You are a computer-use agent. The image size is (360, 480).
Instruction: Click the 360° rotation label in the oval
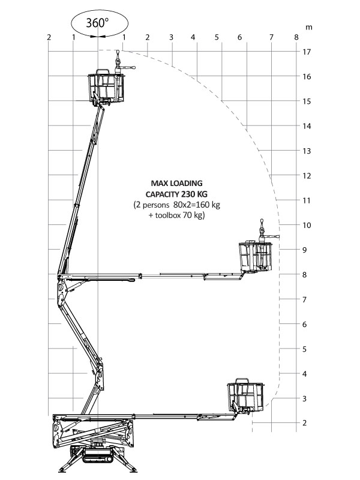98,23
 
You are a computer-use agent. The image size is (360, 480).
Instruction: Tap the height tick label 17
307,52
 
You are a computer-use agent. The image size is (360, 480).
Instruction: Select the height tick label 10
307,226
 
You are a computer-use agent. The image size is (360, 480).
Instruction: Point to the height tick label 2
305,423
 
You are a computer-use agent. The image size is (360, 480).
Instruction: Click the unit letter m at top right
308,27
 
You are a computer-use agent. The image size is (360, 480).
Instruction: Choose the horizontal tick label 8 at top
296,37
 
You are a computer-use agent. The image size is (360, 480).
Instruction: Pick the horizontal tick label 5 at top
217,37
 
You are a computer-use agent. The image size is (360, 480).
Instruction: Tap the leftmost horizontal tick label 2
49,37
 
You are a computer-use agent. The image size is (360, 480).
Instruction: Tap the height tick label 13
307,151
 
